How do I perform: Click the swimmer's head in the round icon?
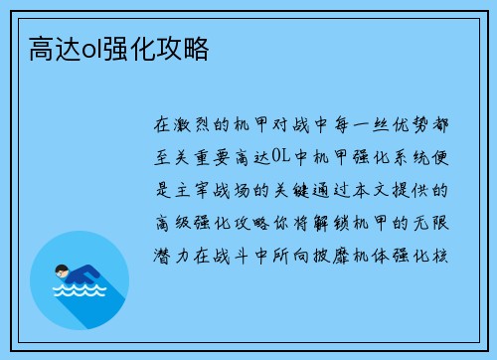[x=62, y=270]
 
